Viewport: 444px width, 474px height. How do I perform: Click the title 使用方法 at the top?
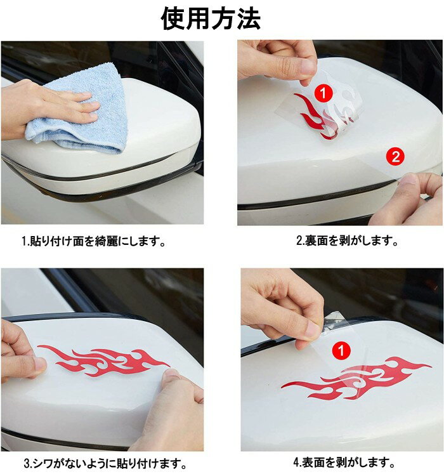[211, 19]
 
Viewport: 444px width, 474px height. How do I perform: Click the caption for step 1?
[94, 241]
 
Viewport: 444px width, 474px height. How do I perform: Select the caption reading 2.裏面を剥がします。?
[347, 240]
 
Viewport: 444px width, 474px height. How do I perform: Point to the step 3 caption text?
[105, 463]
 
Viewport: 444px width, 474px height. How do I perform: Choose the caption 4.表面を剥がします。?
[344, 462]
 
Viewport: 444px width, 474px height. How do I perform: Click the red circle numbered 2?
[395, 157]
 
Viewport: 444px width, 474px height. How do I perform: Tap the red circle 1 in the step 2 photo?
[323, 93]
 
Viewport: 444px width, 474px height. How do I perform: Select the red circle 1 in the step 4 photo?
[341, 351]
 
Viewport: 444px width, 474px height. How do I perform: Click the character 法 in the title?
[249, 19]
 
